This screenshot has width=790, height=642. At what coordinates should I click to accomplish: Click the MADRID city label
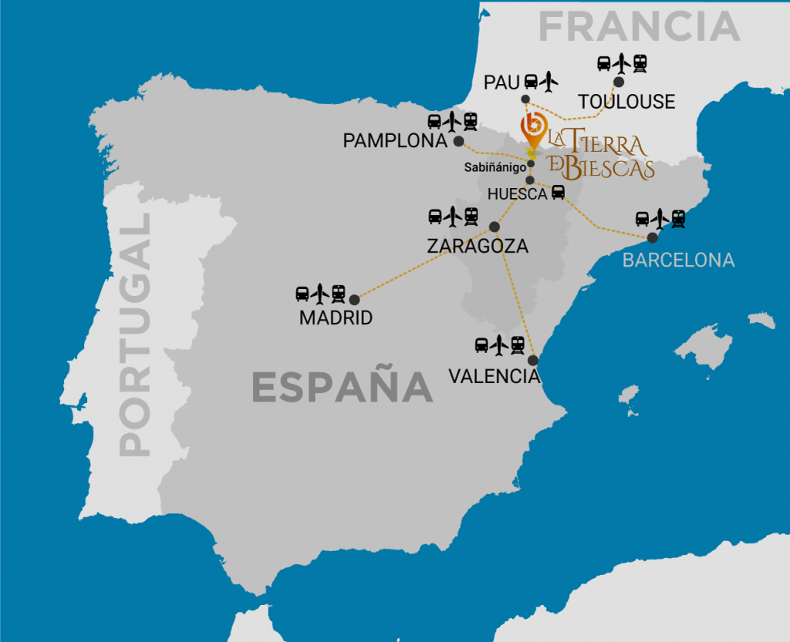click(x=336, y=318)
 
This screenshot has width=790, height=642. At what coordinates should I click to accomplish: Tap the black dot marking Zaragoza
click(x=495, y=227)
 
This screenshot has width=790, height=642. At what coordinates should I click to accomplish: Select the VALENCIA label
click(x=494, y=376)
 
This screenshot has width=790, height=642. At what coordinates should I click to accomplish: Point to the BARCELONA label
click(x=678, y=260)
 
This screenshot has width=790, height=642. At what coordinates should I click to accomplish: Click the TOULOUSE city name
click(x=626, y=102)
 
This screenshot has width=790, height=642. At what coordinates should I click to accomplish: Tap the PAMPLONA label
click(x=395, y=141)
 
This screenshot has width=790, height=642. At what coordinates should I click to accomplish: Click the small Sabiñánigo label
click(x=495, y=166)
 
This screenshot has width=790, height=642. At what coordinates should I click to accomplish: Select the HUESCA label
click(x=517, y=194)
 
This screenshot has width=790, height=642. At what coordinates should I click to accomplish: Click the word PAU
click(x=501, y=82)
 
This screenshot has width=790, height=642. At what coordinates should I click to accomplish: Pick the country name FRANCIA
click(x=639, y=28)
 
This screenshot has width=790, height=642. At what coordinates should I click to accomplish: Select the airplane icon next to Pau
click(x=549, y=79)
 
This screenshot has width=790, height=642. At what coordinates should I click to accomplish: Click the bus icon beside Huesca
click(x=558, y=193)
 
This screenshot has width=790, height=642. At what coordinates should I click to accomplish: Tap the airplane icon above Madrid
click(x=320, y=293)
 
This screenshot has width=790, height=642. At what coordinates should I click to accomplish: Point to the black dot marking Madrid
click(x=354, y=300)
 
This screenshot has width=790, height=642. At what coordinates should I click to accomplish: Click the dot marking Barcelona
click(x=652, y=237)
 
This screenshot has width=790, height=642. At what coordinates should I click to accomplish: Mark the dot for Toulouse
click(x=619, y=82)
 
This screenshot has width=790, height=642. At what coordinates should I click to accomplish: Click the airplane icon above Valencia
click(x=499, y=345)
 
